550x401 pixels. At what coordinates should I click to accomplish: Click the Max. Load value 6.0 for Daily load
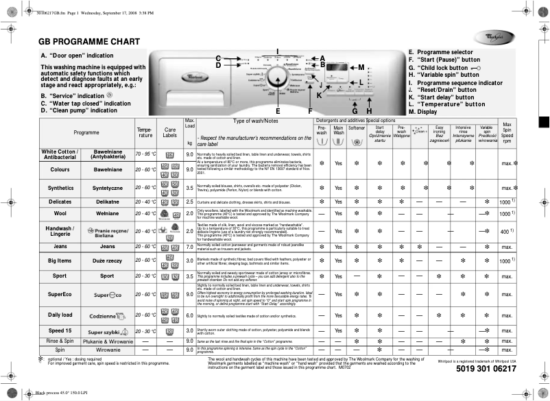click(x=190, y=315)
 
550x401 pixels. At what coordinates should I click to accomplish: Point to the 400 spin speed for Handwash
click(x=506, y=232)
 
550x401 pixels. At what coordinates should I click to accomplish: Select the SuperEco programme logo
click(x=107, y=294)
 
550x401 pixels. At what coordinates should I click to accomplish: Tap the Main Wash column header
click(x=338, y=130)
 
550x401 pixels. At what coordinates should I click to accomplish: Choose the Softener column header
click(x=357, y=128)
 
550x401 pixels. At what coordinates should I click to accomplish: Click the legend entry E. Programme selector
click(x=440, y=52)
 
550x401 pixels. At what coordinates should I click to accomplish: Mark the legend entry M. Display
click(x=422, y=111)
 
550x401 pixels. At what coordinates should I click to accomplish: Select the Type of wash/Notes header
click(x=256, y=121)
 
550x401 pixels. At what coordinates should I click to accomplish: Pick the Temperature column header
click(x=145, y=132)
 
